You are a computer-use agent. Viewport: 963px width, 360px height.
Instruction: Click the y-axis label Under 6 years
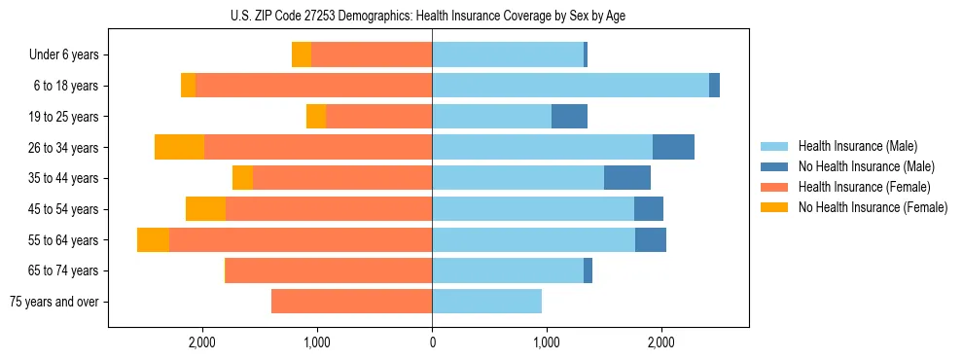(x=63, y=54)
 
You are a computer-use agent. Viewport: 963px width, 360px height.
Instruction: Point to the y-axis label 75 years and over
(x=53, y=302)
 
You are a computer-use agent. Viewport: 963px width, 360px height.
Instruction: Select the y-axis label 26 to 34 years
(x=64, y=147)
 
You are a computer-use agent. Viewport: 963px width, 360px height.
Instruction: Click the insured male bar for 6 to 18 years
(x=570, y=86)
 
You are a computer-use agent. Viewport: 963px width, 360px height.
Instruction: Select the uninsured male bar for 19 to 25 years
(x=569, y=116)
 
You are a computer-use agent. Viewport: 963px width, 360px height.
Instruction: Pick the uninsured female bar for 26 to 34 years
(x=179, y=147)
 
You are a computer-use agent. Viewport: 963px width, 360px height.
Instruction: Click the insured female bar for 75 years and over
(x=351, y=302)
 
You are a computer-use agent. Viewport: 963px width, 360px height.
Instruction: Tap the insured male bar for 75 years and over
(x=486, y=302)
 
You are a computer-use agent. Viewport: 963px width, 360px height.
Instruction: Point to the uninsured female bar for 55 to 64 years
(x=153, y=239)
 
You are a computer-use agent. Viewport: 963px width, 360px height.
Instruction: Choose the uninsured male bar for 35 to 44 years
(x=627, y=178)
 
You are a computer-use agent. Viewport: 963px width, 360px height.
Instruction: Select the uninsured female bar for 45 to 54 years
(x=205, y=209)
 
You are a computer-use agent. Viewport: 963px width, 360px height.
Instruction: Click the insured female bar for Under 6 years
(x=372, y=54)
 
